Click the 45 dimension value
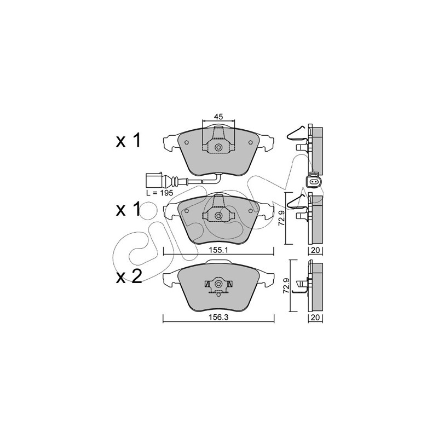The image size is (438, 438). point(218,117)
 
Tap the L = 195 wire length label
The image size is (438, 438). point(160,193)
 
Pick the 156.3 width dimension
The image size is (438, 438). point(218,318)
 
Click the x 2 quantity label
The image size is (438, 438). point(129,276)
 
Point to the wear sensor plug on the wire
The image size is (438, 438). point(154,180)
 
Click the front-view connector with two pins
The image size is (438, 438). point(314,182)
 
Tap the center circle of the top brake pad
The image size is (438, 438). point(218,147)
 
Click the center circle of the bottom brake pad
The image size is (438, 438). point(218,284)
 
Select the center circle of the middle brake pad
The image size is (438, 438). point(218,215)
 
